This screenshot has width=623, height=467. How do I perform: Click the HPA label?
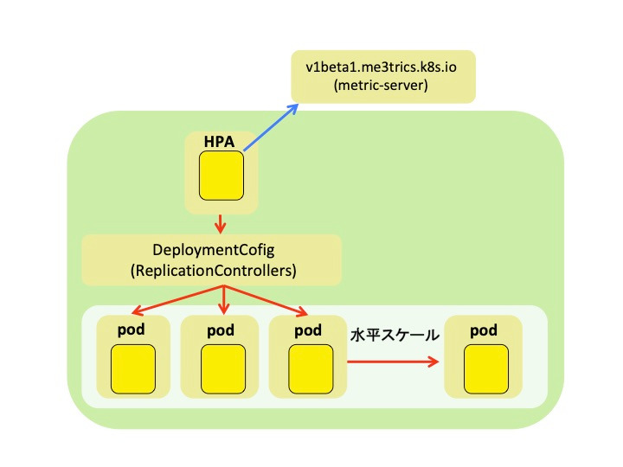click(219, 142)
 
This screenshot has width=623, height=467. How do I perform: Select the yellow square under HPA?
click(222, 176)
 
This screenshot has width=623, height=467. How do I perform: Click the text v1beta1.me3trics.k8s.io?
click(381, 67)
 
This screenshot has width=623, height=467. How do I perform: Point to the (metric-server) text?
click(381, 85)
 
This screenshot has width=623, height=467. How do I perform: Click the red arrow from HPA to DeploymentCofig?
click(220, 224)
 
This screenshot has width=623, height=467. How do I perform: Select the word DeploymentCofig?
click(214, 250)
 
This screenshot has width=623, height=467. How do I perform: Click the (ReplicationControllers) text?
click(214, 271)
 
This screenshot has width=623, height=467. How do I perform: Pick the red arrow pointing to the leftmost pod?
click(177, 300)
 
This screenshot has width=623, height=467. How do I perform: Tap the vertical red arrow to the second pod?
click(224, 300)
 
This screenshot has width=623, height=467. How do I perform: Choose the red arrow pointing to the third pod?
click(267, 300)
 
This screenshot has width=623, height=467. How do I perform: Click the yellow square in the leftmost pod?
click(133, 369)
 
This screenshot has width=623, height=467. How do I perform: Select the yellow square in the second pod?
click(223, 369)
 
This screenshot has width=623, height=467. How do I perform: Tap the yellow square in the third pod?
click(311, 369)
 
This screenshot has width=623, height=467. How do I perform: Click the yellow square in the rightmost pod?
click(486, 369)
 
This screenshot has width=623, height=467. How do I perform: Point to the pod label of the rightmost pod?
click(484, 330)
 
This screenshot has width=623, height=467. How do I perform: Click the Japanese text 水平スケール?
click(395, 336)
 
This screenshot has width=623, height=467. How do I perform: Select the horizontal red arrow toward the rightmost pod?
click(393, 361)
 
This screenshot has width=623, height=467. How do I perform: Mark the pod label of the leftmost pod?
click(132, 330)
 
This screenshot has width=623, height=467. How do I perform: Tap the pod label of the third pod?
click(308, 330)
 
